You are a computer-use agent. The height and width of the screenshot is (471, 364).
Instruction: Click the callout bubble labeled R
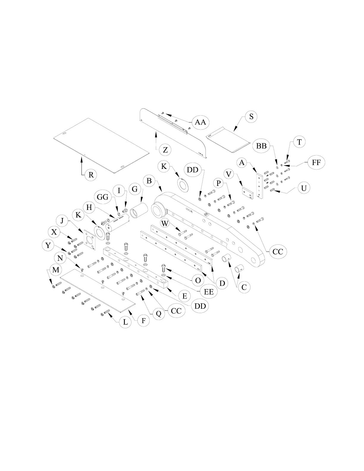(x=91, y=175)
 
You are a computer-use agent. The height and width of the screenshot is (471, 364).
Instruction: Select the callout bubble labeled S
(x=251, y=117)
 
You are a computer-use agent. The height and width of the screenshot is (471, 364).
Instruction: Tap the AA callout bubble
(x=200, y=122)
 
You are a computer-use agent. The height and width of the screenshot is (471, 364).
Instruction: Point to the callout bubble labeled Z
(x=165, y=150)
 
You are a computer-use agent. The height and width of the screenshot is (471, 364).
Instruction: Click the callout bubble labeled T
(x=299, y=142)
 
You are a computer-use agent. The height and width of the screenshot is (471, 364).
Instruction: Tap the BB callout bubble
(x=261, y=146)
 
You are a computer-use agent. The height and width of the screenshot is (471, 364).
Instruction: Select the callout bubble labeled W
(x=166, y=223)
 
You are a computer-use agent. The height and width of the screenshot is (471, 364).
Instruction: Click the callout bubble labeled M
(x=56, y=270)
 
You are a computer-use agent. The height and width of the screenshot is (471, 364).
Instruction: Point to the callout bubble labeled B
(x=149, y=180)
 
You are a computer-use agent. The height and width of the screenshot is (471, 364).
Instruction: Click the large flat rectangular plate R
(x=101, y=145)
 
